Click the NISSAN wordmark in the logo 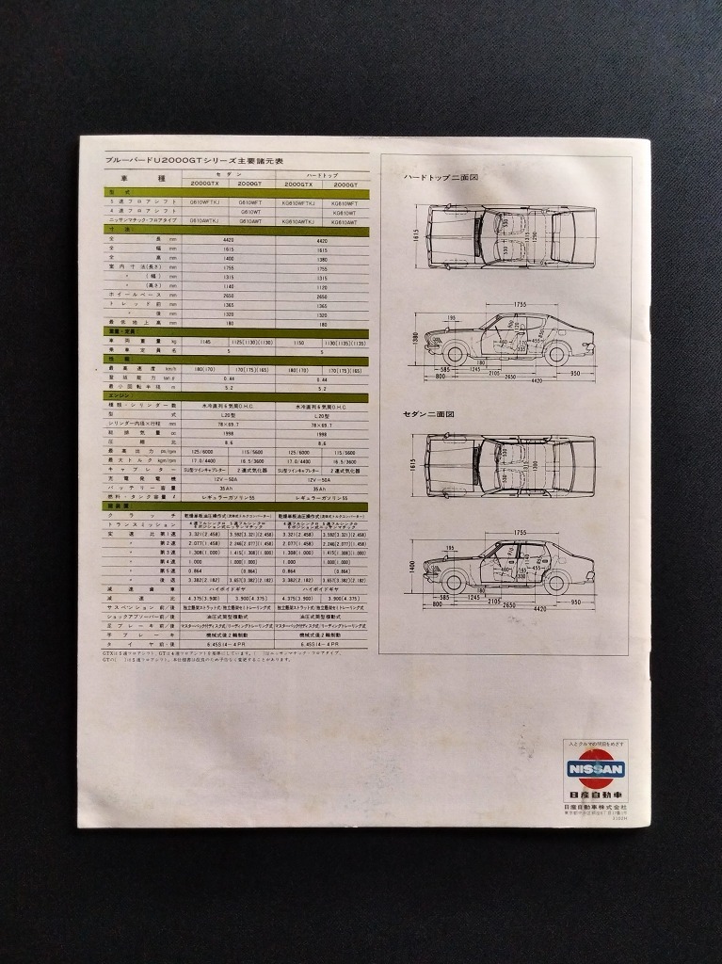tap(595, 769)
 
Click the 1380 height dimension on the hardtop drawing tap(413, 337)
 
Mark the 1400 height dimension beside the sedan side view tap(413, 567)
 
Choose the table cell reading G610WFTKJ tap(205, 202)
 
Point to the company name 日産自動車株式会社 tap(595, 807)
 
